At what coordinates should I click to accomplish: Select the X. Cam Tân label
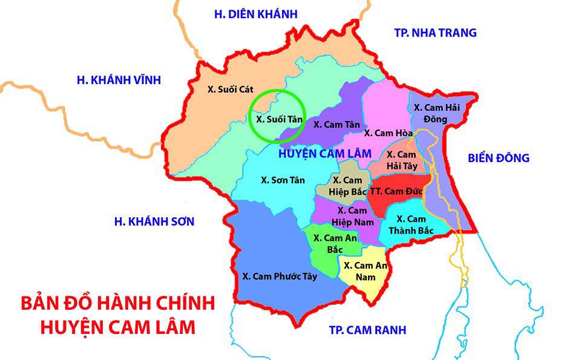pyautogui.click(x=337, y=123)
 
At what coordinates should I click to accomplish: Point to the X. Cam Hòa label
pyautogui.click(x=388, y=133)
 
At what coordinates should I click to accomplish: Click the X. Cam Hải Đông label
pyautogui.click(x=436, y=113)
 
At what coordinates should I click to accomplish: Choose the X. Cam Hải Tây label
pyautogui.click(x=401, y=160)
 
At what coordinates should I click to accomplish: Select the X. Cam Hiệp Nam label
pyautogui.click(x=352, y=216)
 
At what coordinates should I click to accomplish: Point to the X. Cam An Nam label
pyautogui.click(x=365, y=270)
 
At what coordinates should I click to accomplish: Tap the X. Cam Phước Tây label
pyautogui.click(x=280, y=277)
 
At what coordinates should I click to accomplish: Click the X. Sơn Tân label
pyautogui.click(x=283, y=180)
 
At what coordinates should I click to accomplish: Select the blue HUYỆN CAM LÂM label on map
pyautogui.click(x=324, y=154)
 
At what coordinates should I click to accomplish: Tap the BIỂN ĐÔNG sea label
pyautogui.click(x=499, y=158)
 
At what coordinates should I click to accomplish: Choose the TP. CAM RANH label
pyautogui.click(x=367, y=330)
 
